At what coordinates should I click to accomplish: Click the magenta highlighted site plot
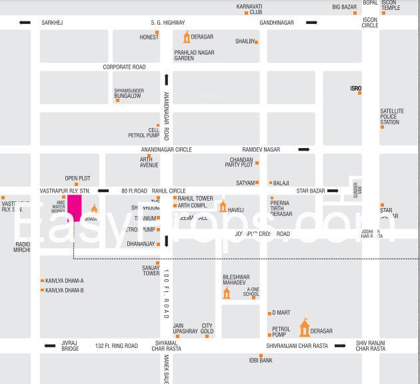point(74,207)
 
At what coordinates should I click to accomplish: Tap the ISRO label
point(356,88)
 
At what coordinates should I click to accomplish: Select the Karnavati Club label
point(249,9)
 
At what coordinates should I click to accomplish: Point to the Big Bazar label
point(345,7)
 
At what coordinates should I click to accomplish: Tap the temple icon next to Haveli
point(223,206)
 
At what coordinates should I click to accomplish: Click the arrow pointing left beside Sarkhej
point(25,23)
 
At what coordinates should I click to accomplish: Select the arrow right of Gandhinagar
point(311,23)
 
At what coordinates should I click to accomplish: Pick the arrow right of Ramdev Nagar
point(304,149)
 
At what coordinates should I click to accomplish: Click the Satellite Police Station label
point(391,117)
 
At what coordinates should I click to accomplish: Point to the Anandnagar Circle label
point(166,149)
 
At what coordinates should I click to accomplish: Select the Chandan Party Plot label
point(241,162)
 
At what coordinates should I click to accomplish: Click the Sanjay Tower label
point(151,270)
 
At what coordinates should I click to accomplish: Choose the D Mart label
point(281,313)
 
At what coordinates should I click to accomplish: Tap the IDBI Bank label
point(261,361)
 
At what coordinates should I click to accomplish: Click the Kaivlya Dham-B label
point(64,290)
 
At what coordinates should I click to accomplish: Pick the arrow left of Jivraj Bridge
point(49,345)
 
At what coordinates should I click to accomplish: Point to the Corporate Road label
point(124,67)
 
